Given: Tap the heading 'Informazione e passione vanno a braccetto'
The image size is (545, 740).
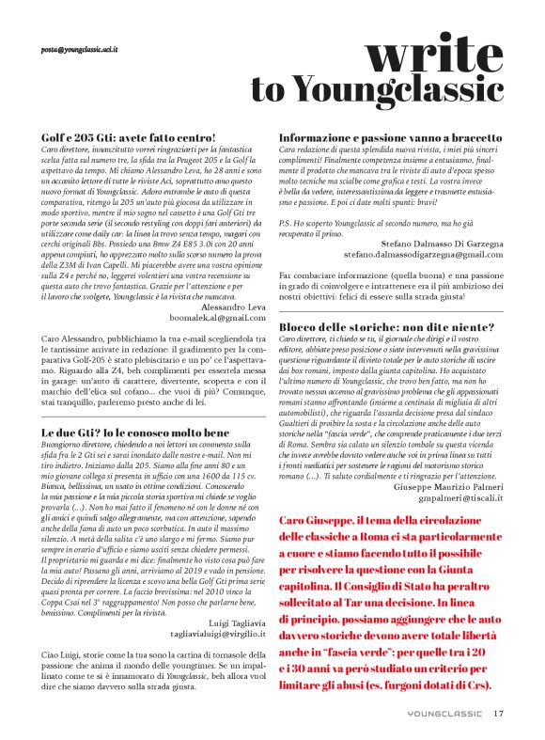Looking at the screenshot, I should point(383,137).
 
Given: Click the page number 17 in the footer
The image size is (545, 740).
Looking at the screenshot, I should point(500,713).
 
